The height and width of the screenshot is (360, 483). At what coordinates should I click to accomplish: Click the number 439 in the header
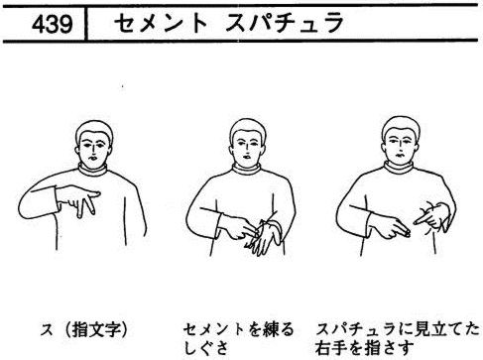(52, 24)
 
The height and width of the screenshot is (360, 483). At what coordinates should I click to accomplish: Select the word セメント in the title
(161, 24)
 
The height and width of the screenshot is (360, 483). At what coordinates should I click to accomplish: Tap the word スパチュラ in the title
(285, 24)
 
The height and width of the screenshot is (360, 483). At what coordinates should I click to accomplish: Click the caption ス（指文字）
(83, 330)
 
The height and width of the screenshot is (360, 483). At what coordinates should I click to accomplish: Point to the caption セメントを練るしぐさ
(238, 338)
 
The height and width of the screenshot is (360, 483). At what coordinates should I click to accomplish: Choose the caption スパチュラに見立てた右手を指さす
(398, 338)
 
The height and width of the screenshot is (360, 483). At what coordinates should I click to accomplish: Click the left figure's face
(94, 150)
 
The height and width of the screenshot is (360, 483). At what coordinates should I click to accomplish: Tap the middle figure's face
(248, 148)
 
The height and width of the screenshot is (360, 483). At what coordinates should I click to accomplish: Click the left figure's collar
(93, 170)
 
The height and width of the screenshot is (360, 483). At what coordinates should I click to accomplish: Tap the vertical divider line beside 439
(86, 23)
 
